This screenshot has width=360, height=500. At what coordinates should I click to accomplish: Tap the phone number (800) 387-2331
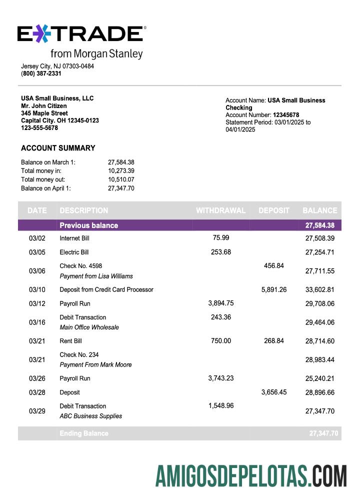41,73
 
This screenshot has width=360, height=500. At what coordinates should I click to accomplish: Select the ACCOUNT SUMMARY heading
58,148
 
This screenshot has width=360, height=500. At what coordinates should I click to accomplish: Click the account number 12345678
286,114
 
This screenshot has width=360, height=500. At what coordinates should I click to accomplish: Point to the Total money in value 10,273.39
121,170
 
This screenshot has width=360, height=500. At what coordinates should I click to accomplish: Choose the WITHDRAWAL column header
220,210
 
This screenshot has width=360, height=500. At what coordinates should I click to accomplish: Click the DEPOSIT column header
274,210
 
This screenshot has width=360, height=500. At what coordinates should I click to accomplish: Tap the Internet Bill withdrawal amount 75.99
221,237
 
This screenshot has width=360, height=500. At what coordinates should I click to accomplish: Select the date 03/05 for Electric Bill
37,252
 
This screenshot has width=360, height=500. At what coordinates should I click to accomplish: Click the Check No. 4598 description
80,266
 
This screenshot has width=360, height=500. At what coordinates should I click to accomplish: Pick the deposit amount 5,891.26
273,289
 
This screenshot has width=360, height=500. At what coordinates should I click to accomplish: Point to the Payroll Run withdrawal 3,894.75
220,303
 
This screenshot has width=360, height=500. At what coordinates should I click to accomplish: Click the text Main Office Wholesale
89,327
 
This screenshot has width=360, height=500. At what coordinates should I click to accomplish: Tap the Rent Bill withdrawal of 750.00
220,340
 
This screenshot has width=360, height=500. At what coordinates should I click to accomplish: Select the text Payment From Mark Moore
95,365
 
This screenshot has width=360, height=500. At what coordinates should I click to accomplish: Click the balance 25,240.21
319,378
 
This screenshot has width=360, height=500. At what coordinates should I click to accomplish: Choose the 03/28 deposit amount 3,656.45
273,392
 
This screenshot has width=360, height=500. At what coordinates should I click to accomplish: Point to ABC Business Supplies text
90,416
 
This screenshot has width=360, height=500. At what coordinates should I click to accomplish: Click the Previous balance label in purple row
88,225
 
